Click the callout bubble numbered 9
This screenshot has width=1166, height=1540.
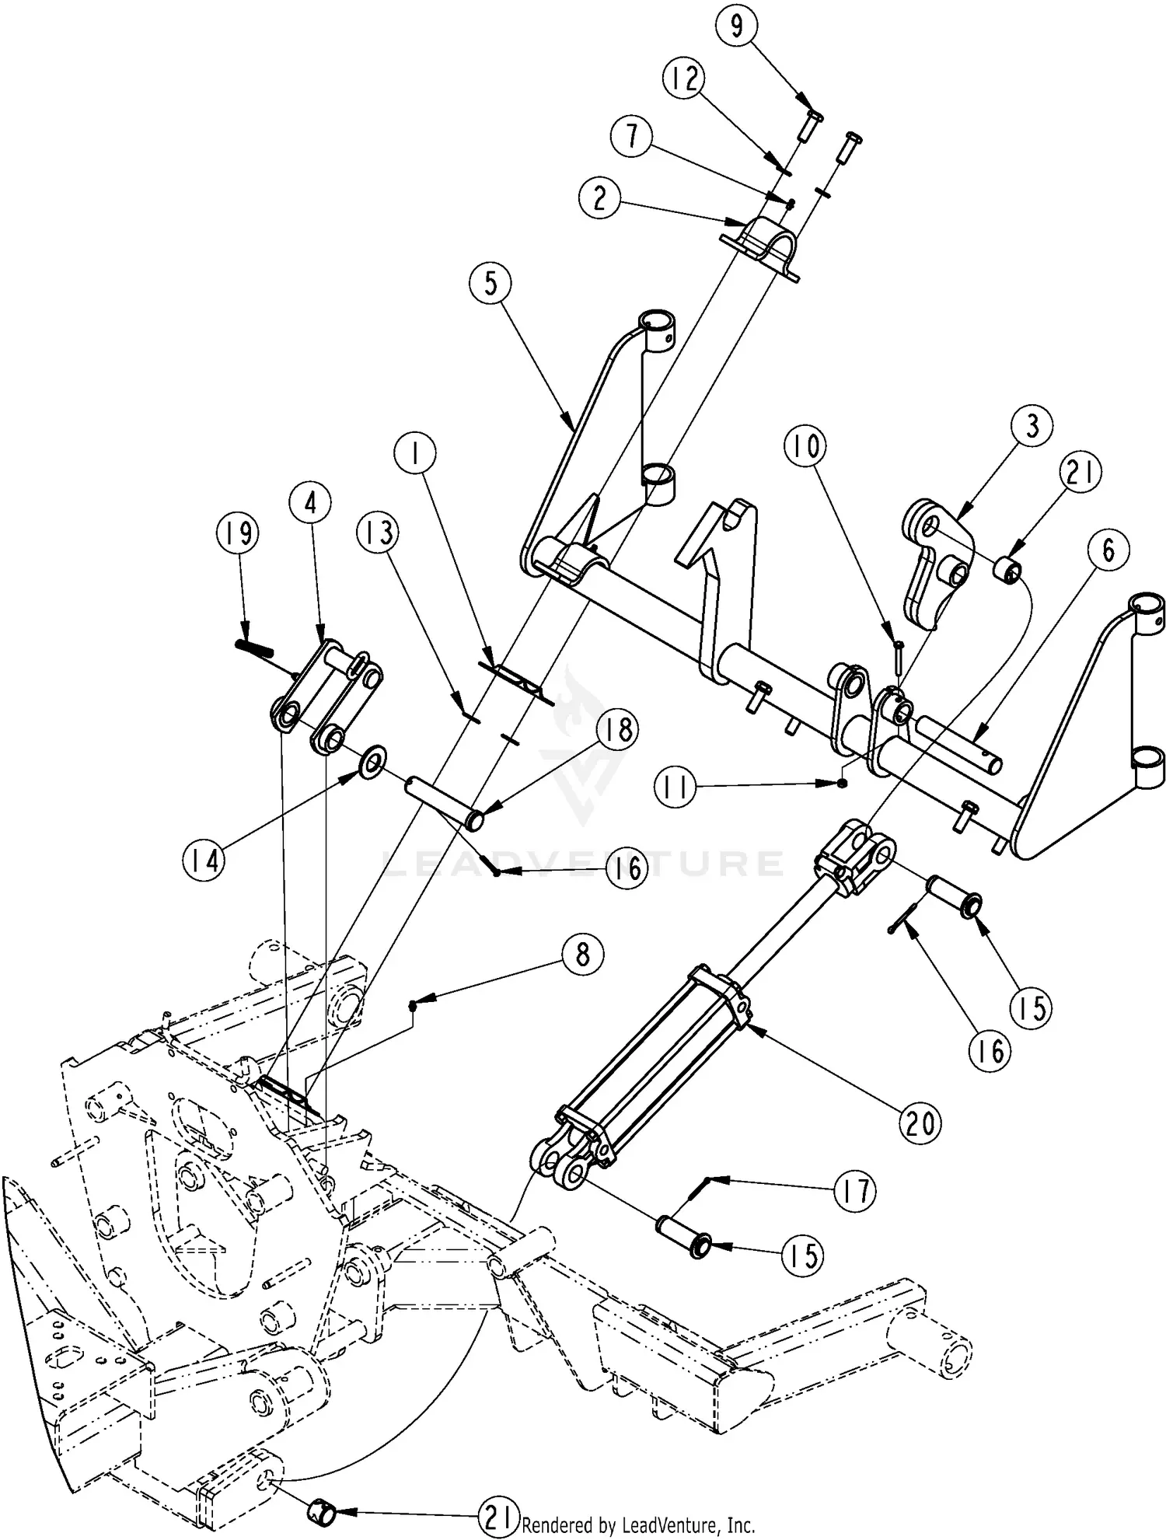[x=736, y=26]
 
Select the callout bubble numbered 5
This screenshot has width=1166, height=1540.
[x=491, y=284]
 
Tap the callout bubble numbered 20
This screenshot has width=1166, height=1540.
[x=920, y=1123]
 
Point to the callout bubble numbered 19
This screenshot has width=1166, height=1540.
[x=238, y=534]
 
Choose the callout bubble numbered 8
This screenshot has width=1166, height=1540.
[x=582, y=954]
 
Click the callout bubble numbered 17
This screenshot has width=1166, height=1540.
[x=854, y=1190]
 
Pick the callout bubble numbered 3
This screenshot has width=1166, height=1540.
[x=1032, y=426]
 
